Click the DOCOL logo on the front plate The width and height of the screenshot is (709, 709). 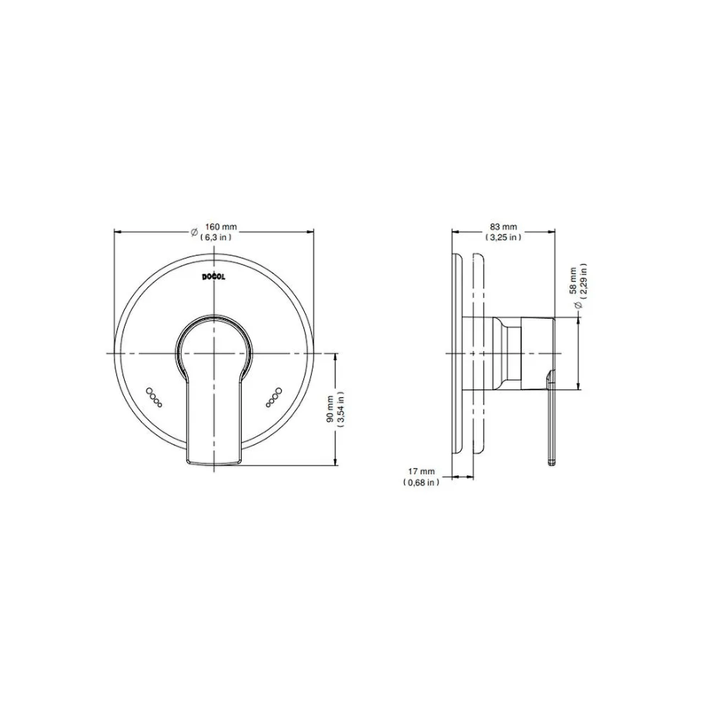[214, 277]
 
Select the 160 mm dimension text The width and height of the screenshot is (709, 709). [221, 227]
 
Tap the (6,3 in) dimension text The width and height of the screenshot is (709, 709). [215, 237]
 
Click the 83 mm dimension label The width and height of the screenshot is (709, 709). [503, 227]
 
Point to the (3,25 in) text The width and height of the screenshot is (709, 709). [503, 237]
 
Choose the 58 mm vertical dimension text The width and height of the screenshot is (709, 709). [573, 281]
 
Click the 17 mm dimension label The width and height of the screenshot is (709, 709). [422, 471]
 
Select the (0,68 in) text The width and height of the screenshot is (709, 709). [421, 482]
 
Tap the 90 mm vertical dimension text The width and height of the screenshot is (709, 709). [330, 409]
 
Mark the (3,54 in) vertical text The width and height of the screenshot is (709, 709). [341, 409]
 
